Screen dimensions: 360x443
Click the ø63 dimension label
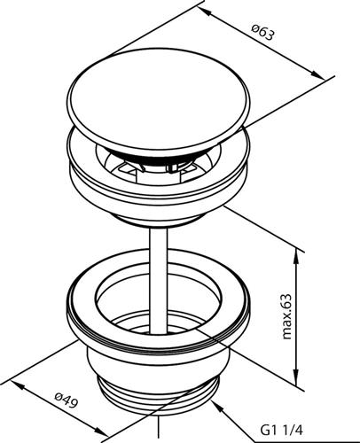tap(263, 33)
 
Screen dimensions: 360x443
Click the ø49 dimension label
tap(67, 399)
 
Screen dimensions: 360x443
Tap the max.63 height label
tap(286, 315)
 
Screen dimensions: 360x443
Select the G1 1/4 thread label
tap(281, 431)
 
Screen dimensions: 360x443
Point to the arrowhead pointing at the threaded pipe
tap(218, 407)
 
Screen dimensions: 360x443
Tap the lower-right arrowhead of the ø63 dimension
tap(317, 74)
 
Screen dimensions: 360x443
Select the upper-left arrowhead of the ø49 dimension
tap(19, 385)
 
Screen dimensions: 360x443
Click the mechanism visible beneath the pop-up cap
tap(158, 167)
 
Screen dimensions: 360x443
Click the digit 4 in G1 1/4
tap(299, 431)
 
